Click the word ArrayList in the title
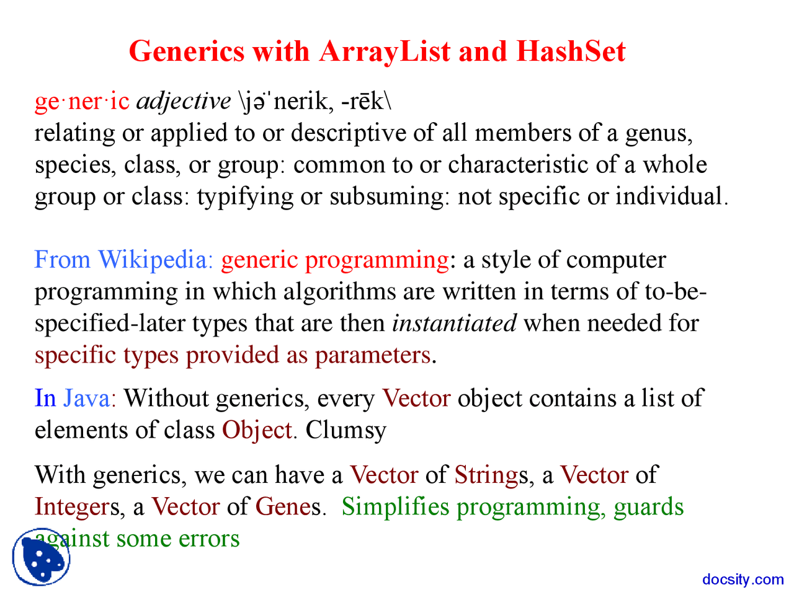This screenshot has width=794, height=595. tap(385, 51)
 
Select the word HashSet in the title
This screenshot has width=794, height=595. tap(571, 51)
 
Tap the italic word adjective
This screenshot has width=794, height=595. tap(183, 101)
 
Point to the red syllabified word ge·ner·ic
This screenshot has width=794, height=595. tap(82, 101)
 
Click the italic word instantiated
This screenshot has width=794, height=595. tap(454, 323)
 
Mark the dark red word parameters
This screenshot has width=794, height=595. tap(372, 355)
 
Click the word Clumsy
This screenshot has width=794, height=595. tap(346, 430)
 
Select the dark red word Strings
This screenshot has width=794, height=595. tap(487, 475)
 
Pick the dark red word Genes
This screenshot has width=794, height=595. tap(288, 507)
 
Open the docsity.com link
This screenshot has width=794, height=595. tap(743, 580)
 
